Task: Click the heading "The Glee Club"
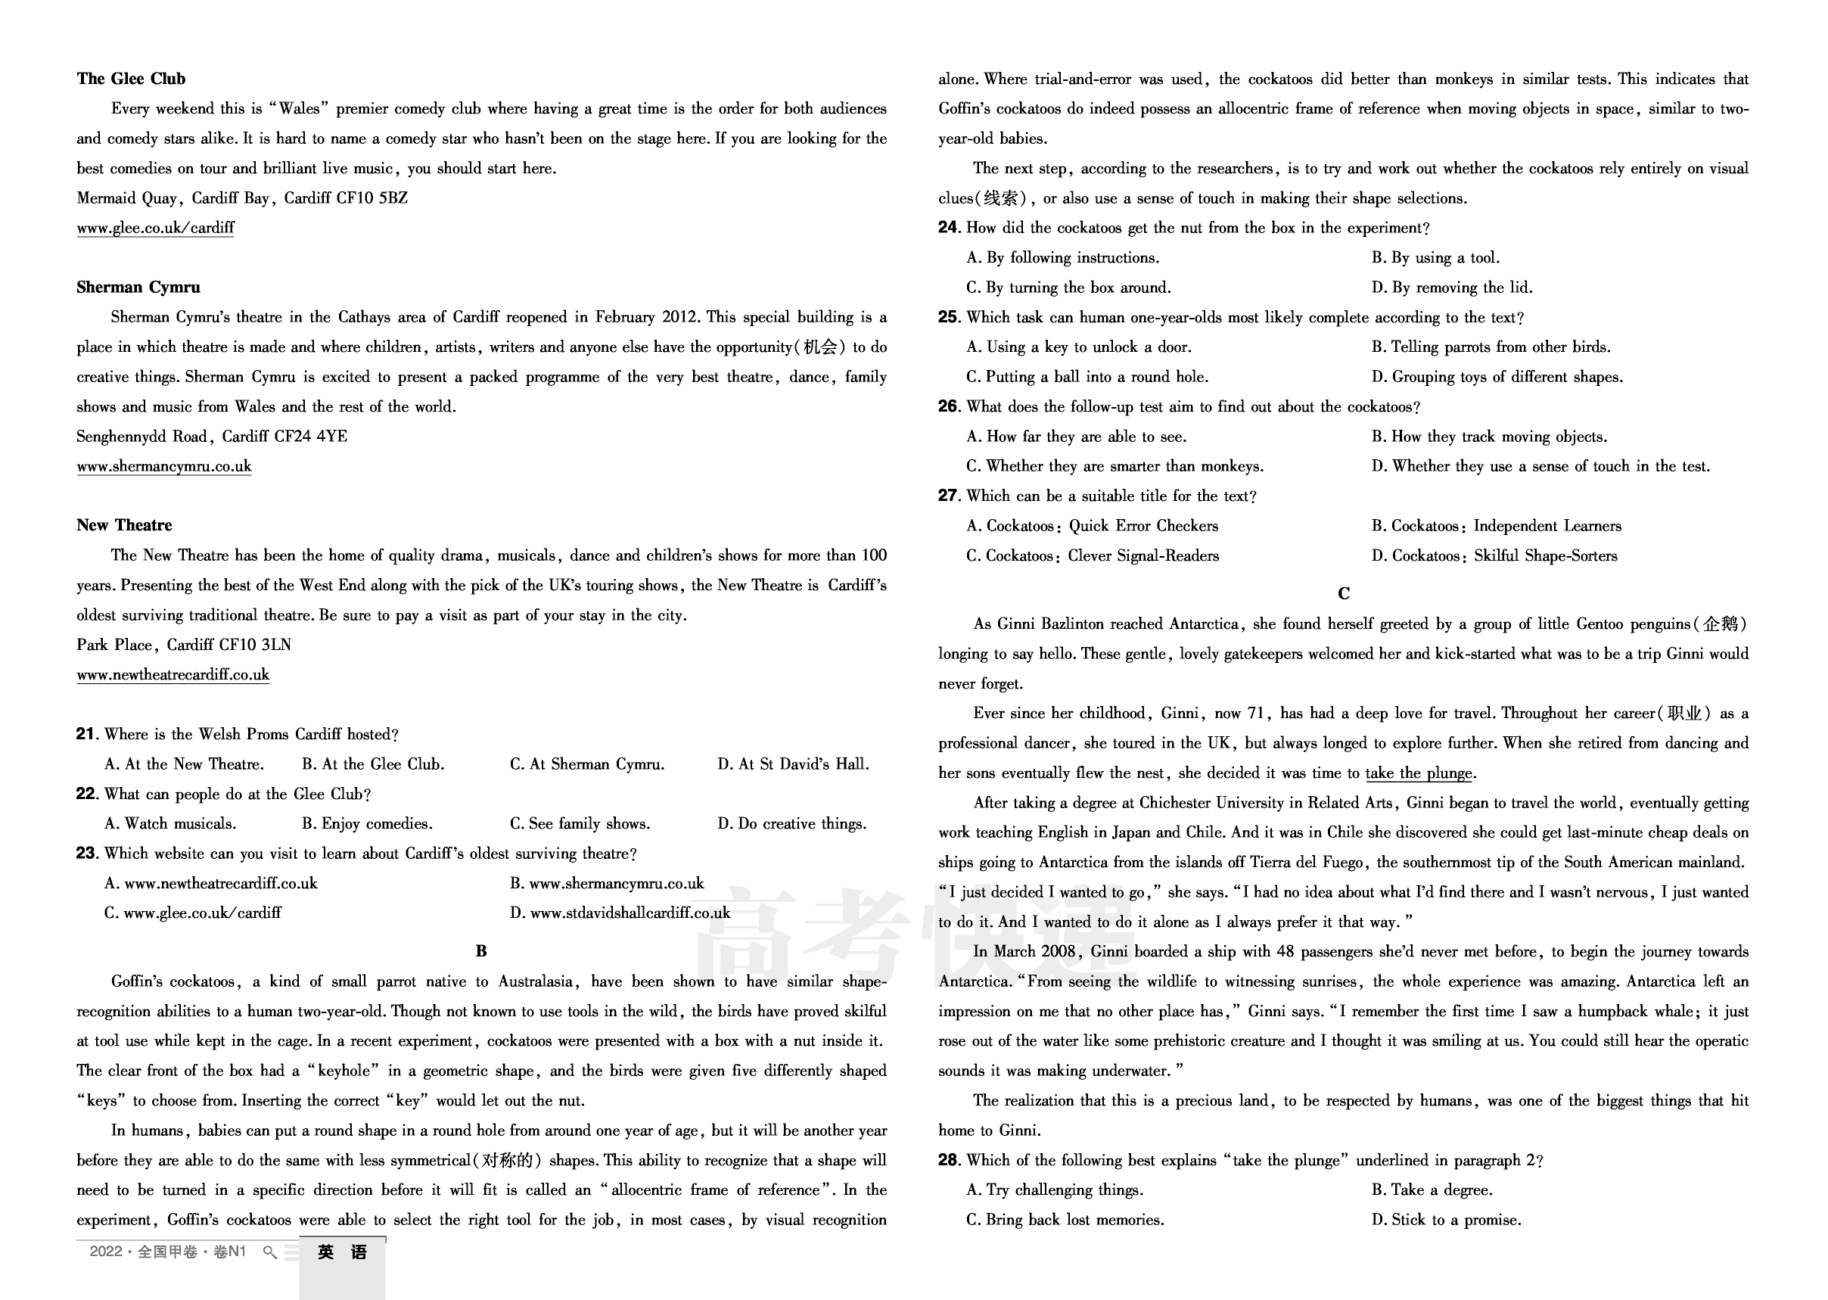click(x=131, y=79)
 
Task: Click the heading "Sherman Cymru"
click(x=138, y=288)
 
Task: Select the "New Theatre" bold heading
click(x=124, y=525)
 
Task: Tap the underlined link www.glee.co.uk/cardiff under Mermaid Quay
click(x=155, y=228)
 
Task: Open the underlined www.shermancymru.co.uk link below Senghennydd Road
click(x=164, y=467)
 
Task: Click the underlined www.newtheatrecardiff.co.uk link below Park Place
click(x=173, y=675)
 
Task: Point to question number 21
click(x=86, y=734)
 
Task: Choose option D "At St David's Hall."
click(x=793, y=764)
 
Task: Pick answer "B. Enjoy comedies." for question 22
click(x=366, y=824)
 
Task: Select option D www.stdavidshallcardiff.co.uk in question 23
click(x=620, y=913)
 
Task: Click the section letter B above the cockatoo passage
click(x=481, y=951)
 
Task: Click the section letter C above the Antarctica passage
click(x=1344, y=594)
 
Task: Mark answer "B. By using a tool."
click(x=1436, y=258)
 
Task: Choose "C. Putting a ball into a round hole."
click(x=1087, y=377)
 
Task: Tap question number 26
click(x=948, y=406)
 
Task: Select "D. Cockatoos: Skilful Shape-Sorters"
click(x=1494, y=555)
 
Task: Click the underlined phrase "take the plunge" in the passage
click(x=1419, y=773)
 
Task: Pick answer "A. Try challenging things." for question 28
click(x=1055, y=1190)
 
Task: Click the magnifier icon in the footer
click(x=269, y=1253)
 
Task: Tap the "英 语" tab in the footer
click(x=343, y=1253)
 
